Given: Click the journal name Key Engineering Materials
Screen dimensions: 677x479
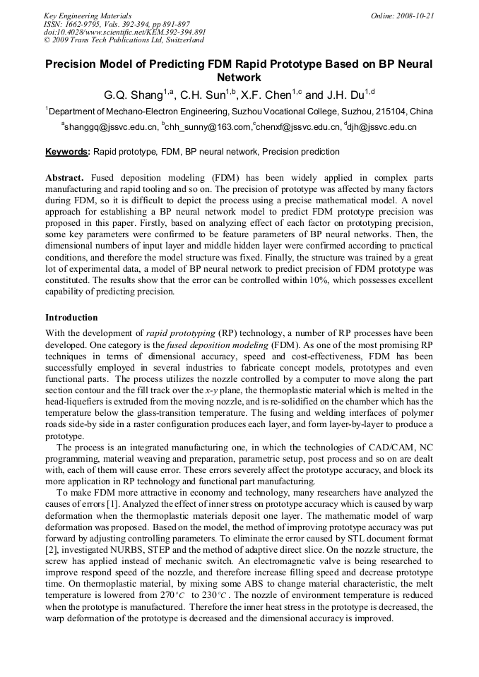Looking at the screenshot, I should pyautogui.click(x=88, y=15).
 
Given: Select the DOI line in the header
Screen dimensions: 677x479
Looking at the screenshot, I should pyautogui.click(x=124, y=32).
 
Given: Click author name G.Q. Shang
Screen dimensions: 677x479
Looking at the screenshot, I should pyautogui.click(x=138, y=95).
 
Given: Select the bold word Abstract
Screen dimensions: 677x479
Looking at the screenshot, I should pyautogui.click(x=65, y=178).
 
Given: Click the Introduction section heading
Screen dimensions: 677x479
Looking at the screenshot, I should pyautogui.click(x=71, y=318).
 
